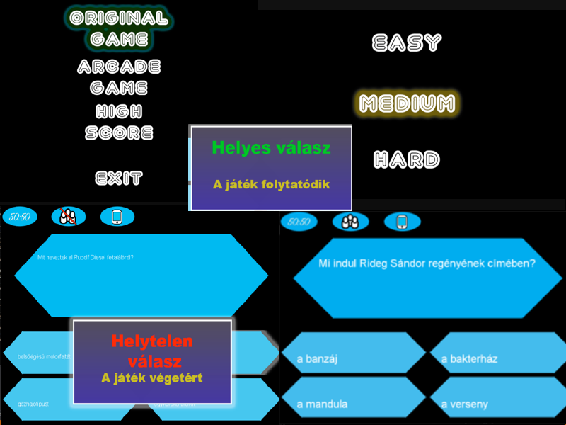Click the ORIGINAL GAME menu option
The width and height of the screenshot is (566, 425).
(119, 28)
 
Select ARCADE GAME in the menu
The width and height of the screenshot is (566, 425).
(119, 77)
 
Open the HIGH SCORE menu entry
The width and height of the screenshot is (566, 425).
(119, 122)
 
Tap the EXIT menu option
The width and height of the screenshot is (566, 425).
(119, 178)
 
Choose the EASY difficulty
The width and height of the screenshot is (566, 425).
(407, 43)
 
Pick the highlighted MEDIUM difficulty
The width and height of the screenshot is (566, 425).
(407, 104)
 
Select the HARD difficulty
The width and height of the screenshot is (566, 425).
(407, 160)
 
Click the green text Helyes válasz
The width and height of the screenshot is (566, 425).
(271, 148)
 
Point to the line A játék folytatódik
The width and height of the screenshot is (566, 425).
(271, 184)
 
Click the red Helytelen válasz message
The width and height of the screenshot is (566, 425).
(152, 351)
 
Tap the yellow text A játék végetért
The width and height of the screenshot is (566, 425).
(152, 378)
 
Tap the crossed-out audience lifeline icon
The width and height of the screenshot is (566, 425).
(68, 217)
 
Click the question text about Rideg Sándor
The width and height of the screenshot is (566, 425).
(427, 263)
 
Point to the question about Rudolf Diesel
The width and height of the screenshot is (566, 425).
(86, 257)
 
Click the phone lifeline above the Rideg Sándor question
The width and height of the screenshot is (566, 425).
(402, 222)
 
